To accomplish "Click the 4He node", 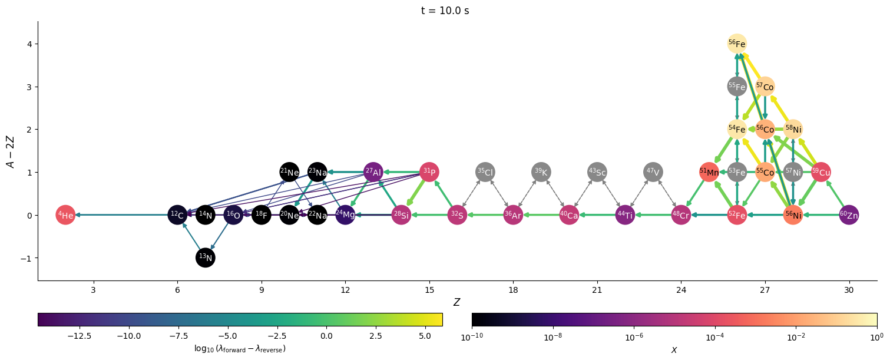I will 65,215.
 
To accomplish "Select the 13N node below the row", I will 206,257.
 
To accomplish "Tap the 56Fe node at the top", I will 737,44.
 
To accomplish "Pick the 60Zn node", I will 849,215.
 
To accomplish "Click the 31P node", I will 429,172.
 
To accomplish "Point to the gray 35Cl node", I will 485,172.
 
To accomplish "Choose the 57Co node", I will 765,87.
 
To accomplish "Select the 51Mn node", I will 709,172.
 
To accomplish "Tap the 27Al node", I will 373,172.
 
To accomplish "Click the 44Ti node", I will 625,215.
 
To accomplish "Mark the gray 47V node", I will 653,172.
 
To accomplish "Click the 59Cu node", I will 820,172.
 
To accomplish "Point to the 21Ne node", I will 289,172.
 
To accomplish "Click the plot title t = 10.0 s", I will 445,11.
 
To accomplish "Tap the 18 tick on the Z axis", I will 513,290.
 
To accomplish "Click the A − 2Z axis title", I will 11,151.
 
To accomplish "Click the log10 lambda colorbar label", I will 240,349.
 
